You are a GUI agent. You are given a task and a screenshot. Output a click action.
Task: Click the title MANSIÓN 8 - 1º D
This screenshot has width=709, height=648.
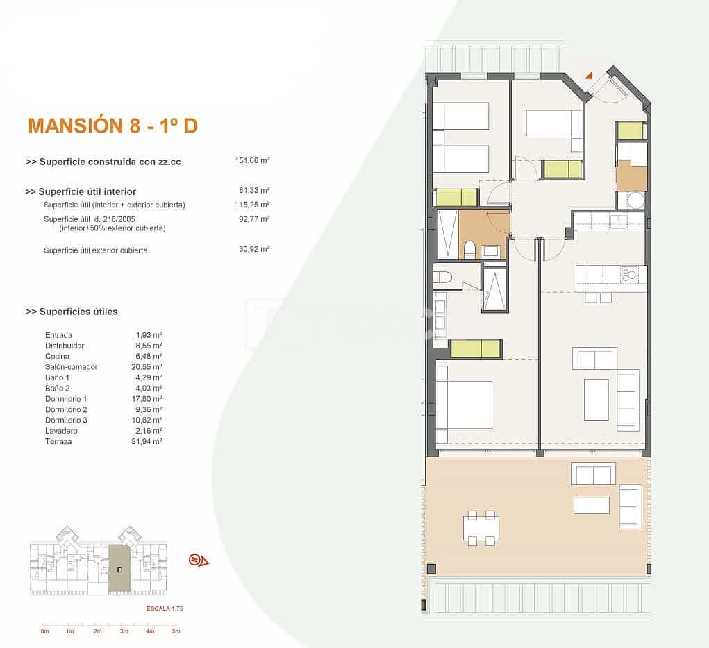coord(112,126)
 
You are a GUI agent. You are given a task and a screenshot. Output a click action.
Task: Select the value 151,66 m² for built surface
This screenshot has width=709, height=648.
coord(252,160)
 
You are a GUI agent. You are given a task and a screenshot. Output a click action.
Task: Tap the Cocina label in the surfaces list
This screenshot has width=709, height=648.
coord(57,356)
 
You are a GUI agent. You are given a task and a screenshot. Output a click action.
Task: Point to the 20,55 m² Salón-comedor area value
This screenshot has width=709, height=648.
coord(149,366)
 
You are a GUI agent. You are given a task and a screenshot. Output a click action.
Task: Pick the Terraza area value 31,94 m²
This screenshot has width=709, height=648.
coord(149,441)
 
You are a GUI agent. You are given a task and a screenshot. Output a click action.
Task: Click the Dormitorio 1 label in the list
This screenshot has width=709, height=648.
coord(66,399)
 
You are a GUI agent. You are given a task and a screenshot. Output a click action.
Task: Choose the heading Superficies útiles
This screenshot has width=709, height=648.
coord(72,312)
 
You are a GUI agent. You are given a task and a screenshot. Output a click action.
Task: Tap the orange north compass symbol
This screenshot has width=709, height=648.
coord(199,560)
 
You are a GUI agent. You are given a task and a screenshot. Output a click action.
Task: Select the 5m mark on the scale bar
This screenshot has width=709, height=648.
coord(176,631)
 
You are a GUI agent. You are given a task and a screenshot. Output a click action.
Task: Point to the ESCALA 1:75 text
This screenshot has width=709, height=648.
coord(164,608)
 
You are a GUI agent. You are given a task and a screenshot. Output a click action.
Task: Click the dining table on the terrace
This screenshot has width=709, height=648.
coord(481,528)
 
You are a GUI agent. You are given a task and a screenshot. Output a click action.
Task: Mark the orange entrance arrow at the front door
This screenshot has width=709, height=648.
coord(588,75)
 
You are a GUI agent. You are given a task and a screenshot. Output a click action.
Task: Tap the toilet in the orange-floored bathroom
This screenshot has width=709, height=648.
coord(469,249)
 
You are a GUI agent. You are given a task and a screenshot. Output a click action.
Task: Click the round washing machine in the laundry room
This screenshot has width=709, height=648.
coord(635,201)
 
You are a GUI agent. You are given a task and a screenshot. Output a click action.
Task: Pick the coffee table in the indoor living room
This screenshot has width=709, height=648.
coord(596,400)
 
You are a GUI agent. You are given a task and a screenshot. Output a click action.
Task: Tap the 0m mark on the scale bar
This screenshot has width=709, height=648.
coord(44,631)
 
